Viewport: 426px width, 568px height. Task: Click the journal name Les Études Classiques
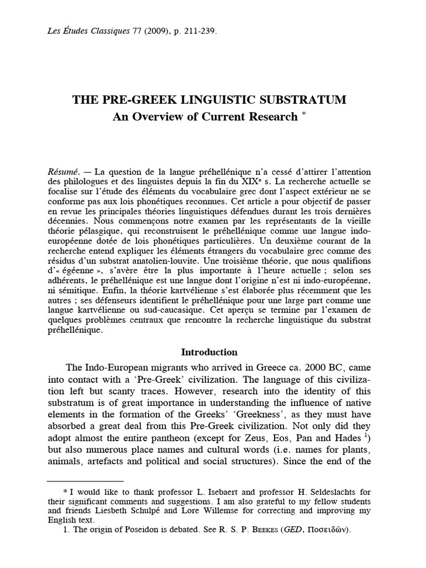tap(92, 32)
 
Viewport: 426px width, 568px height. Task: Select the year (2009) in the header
tap(165, 32)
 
